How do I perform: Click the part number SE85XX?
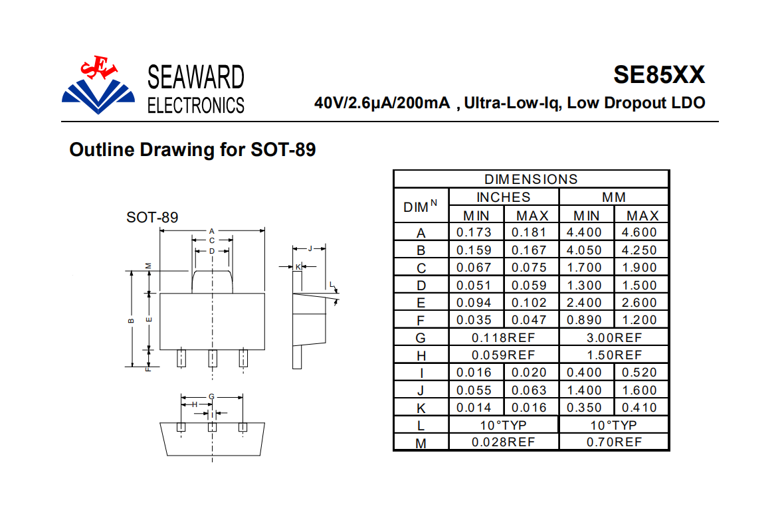pyautogui.click(x=659, y=75)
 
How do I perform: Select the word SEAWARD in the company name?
pyautogui.click(x=195, y=78)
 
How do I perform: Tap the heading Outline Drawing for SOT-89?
pyautogui.click(x=193, y=149)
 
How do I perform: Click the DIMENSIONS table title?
pyautogui.click(x=531, y=179)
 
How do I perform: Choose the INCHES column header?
pyautogui.click(x=503, y=197)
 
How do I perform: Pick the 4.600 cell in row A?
pyautogui.click(x=639, y=232)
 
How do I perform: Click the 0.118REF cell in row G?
pyautogui.click(x=503, y=337)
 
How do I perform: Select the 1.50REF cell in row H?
pyautogui.click(x=614, y=355)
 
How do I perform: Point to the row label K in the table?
pyautogui.click(x=421, y=408)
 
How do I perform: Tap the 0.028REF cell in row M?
pyautogui.click(x=503, y=442)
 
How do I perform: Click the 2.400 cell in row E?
pyautogui.click(x=584, y=303)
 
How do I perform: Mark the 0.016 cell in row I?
pyautogui.click(x=474, y=373)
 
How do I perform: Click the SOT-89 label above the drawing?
pyautogui.click(x=152, y=218)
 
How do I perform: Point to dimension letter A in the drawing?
pyautogui.click(x=212, y=231)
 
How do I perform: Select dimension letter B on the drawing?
pyautogui.click(x=132, y=321)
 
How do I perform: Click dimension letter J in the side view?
pyautogui.click(x=310, y=248)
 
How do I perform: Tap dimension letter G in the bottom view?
pyautogui.click(x=211, y=396)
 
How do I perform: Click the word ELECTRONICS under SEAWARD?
pyautogui.click(x=195, y=106)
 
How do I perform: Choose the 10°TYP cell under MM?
pyautogui.click(x=613, y=425)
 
